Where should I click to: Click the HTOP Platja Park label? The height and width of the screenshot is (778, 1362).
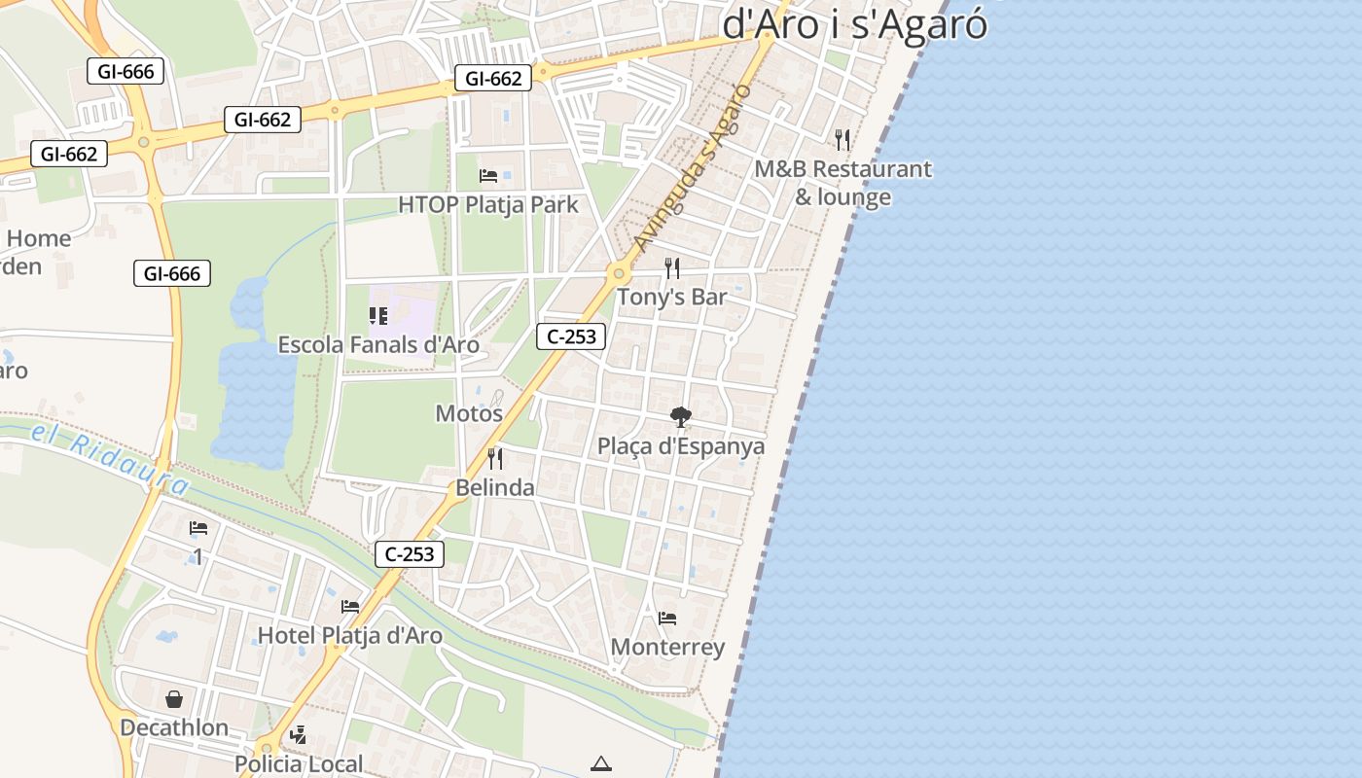click(x=487, y=204)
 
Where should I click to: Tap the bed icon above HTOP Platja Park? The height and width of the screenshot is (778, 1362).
click(x=488, y=176)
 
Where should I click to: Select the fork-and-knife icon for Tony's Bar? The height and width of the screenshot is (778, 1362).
click(x=672, y=268)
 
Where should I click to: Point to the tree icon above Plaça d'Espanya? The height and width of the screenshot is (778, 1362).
click(x=681, y=418)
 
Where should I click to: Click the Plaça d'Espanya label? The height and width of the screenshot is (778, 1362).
click(x=681, y=446)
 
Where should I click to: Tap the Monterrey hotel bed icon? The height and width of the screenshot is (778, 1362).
click(x=667, y=618)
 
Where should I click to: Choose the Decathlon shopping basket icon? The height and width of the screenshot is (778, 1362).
click(x=174, y=699)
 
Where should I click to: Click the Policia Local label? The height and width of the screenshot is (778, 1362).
click(x=299, y=763)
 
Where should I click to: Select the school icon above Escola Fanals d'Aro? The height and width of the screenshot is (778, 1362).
click(x=378, y=316)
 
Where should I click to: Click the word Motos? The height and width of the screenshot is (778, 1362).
click(x=469, y=413)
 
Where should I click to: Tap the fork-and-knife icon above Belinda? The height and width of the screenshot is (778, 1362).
click(x=495, y=459)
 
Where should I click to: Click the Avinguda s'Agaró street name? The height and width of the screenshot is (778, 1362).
click(x=692, y=167)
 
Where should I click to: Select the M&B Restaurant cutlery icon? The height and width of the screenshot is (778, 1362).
click(x=842, y=140)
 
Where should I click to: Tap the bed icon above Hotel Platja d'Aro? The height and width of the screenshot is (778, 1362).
click(x=350, y=607)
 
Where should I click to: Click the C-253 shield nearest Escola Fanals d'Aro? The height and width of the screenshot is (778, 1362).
click(x=571, y=337)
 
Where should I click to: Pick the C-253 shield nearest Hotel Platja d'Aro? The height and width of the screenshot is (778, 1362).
click(x=410, y=554)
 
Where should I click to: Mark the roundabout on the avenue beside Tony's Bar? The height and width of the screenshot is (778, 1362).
click(x=617, y=273)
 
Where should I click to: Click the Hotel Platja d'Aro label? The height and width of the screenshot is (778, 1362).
click(x=349, y=636)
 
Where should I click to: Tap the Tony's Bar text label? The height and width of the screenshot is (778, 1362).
click(x=672, y=297)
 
